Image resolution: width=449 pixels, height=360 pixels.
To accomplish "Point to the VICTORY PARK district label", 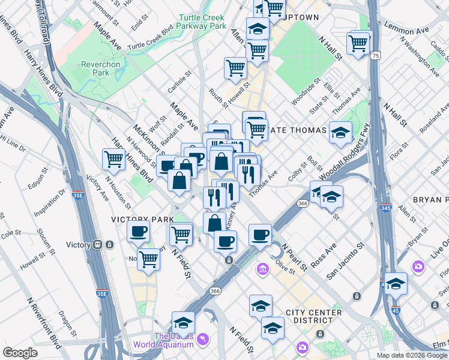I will [138, 220].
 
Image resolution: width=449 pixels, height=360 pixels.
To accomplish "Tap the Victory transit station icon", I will [103, 245].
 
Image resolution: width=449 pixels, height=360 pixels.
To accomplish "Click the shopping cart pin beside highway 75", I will [358, 43].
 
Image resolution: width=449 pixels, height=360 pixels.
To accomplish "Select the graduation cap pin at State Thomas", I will [340, 133].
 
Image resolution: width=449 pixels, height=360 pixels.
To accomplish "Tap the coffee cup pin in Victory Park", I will [138, 231].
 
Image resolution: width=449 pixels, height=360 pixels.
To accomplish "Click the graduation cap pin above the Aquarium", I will [183, 322].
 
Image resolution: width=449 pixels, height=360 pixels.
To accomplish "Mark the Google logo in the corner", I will [21, 353].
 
